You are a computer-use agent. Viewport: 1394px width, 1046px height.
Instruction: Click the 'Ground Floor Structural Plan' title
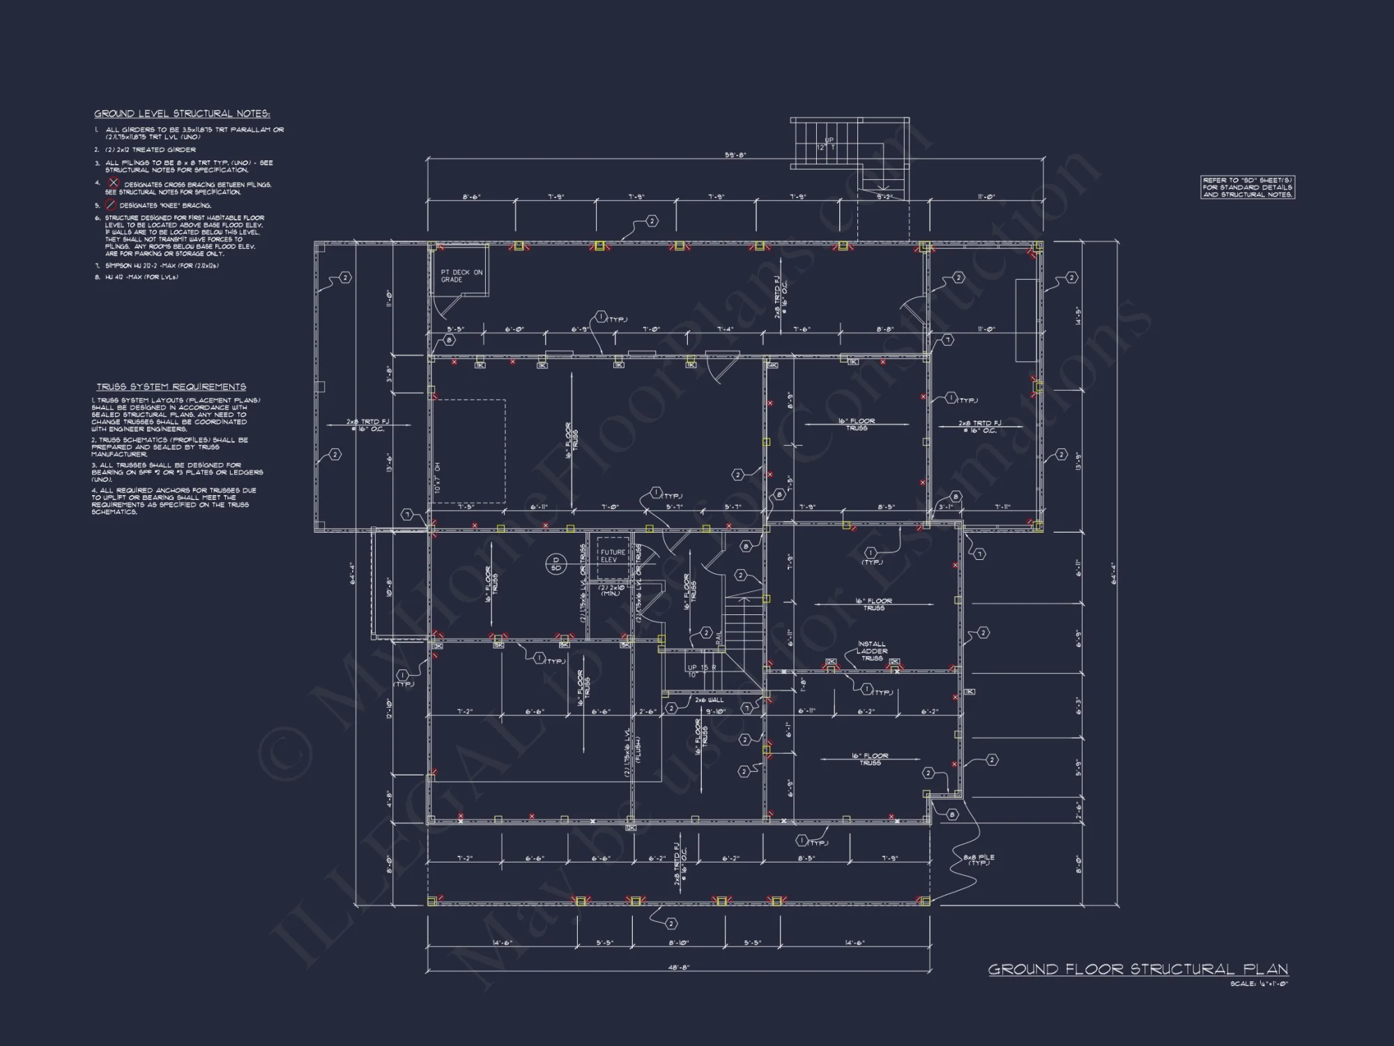[1138, 969]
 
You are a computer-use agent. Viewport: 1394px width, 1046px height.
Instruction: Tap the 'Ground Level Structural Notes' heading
[182, 114]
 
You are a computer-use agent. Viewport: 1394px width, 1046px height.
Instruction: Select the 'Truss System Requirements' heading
[171, 386]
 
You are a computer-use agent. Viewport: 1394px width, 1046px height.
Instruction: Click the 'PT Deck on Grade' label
[461, 276]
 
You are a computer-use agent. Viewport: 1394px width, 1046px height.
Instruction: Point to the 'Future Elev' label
[613, 556]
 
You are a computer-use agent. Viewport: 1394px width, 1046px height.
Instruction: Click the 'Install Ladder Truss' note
[871, 651]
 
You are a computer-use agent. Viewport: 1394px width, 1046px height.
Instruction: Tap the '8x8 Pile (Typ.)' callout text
[979, 860]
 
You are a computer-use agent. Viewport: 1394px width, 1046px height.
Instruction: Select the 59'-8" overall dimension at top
[735, 155]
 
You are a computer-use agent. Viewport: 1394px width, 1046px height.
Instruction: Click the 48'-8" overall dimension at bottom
[678, 968]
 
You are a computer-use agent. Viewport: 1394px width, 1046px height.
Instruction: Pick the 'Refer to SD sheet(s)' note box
[1247, 188]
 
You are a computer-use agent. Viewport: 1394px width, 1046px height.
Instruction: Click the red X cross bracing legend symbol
[114, 183]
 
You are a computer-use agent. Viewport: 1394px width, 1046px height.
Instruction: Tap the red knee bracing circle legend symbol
[110, 205]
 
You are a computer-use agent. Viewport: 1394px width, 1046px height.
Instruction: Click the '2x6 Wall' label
[709, 699]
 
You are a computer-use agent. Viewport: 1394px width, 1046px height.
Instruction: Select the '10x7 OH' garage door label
[438, 477]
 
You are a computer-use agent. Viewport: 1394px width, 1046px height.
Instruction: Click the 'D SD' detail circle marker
[556, 563]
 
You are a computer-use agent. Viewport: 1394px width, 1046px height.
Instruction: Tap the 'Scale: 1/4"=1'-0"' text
[1259, 984]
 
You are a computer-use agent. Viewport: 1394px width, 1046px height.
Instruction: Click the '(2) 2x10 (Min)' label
[610, 590]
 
